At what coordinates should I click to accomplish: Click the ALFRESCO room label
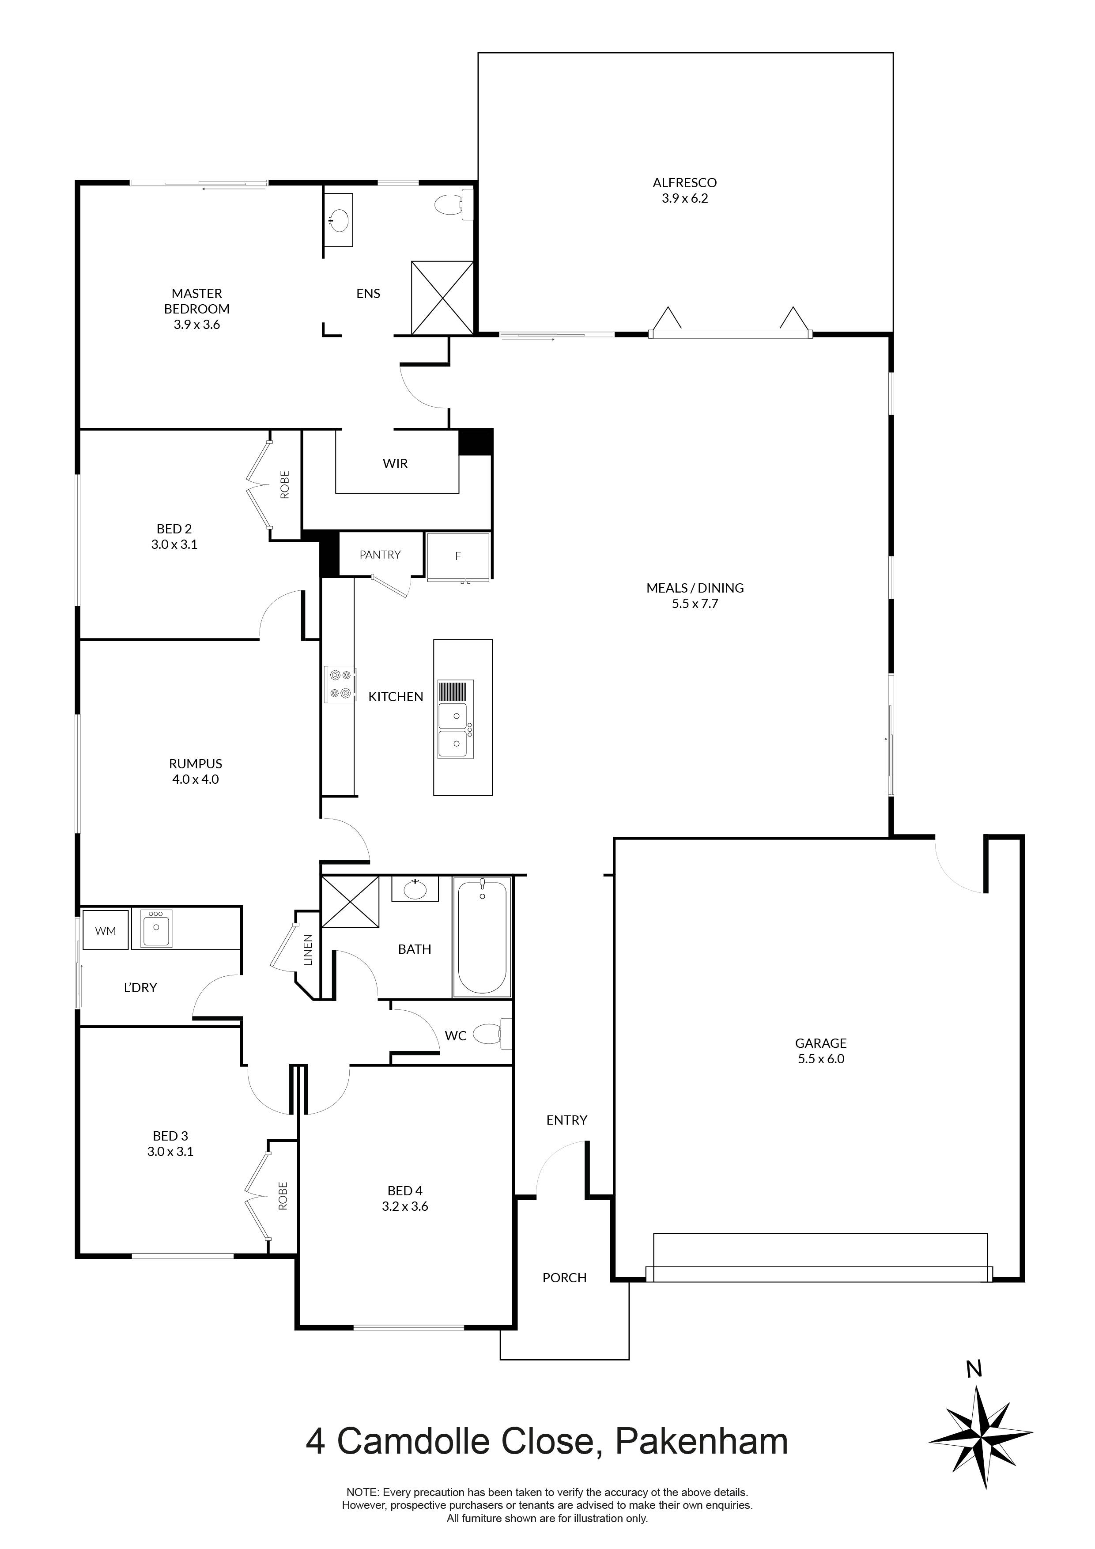684,182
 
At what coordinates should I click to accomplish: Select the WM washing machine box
105,931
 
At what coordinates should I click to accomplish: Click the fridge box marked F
458,556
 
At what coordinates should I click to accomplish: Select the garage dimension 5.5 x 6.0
820,1058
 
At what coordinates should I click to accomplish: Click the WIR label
395,464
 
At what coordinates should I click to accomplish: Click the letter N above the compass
974,1370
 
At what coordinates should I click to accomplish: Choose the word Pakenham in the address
702,1441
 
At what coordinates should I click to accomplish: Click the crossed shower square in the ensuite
442,298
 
